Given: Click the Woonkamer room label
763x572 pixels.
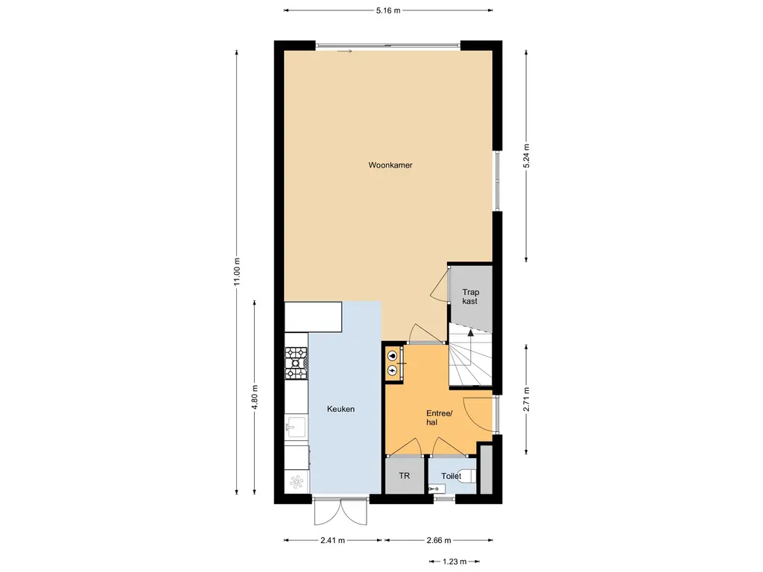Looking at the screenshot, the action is coord(390,165).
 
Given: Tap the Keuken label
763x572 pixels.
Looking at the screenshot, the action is coord(341,409).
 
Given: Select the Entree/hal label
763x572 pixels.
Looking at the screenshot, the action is coord(439,418).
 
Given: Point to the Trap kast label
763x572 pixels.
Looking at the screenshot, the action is coord(470,296).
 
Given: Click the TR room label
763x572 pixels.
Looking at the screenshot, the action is coord(405,476).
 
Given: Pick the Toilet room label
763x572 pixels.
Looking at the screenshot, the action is coord(451,476).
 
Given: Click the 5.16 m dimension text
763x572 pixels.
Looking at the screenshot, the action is coord(388,10).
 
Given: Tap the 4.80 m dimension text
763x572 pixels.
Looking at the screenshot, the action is coord(255,398).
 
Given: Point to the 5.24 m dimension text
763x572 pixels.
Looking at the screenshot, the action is coord(526,156).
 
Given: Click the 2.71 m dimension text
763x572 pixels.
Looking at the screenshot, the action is coord(526,399).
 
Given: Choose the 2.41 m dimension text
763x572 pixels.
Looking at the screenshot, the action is coord(333,541).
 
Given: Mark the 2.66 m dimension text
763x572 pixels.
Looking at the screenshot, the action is coord(439,541).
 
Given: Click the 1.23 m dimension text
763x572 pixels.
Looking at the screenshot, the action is coord(455,562).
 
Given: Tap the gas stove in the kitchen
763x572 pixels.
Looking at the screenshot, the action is coord(296,363).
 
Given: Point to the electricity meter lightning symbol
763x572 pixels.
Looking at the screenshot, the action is coord(392,372).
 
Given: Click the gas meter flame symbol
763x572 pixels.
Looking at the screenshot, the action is coord(392,355).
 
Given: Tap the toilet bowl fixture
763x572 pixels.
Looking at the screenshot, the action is coord(469,476).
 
